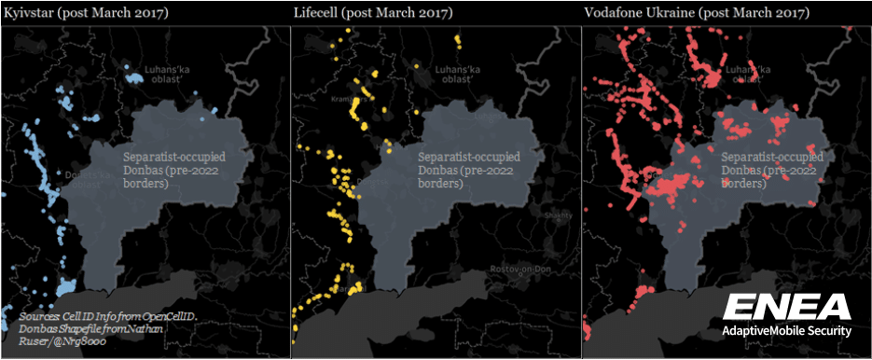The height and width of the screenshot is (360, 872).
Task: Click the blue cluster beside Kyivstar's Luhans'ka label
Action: click(134, 78)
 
